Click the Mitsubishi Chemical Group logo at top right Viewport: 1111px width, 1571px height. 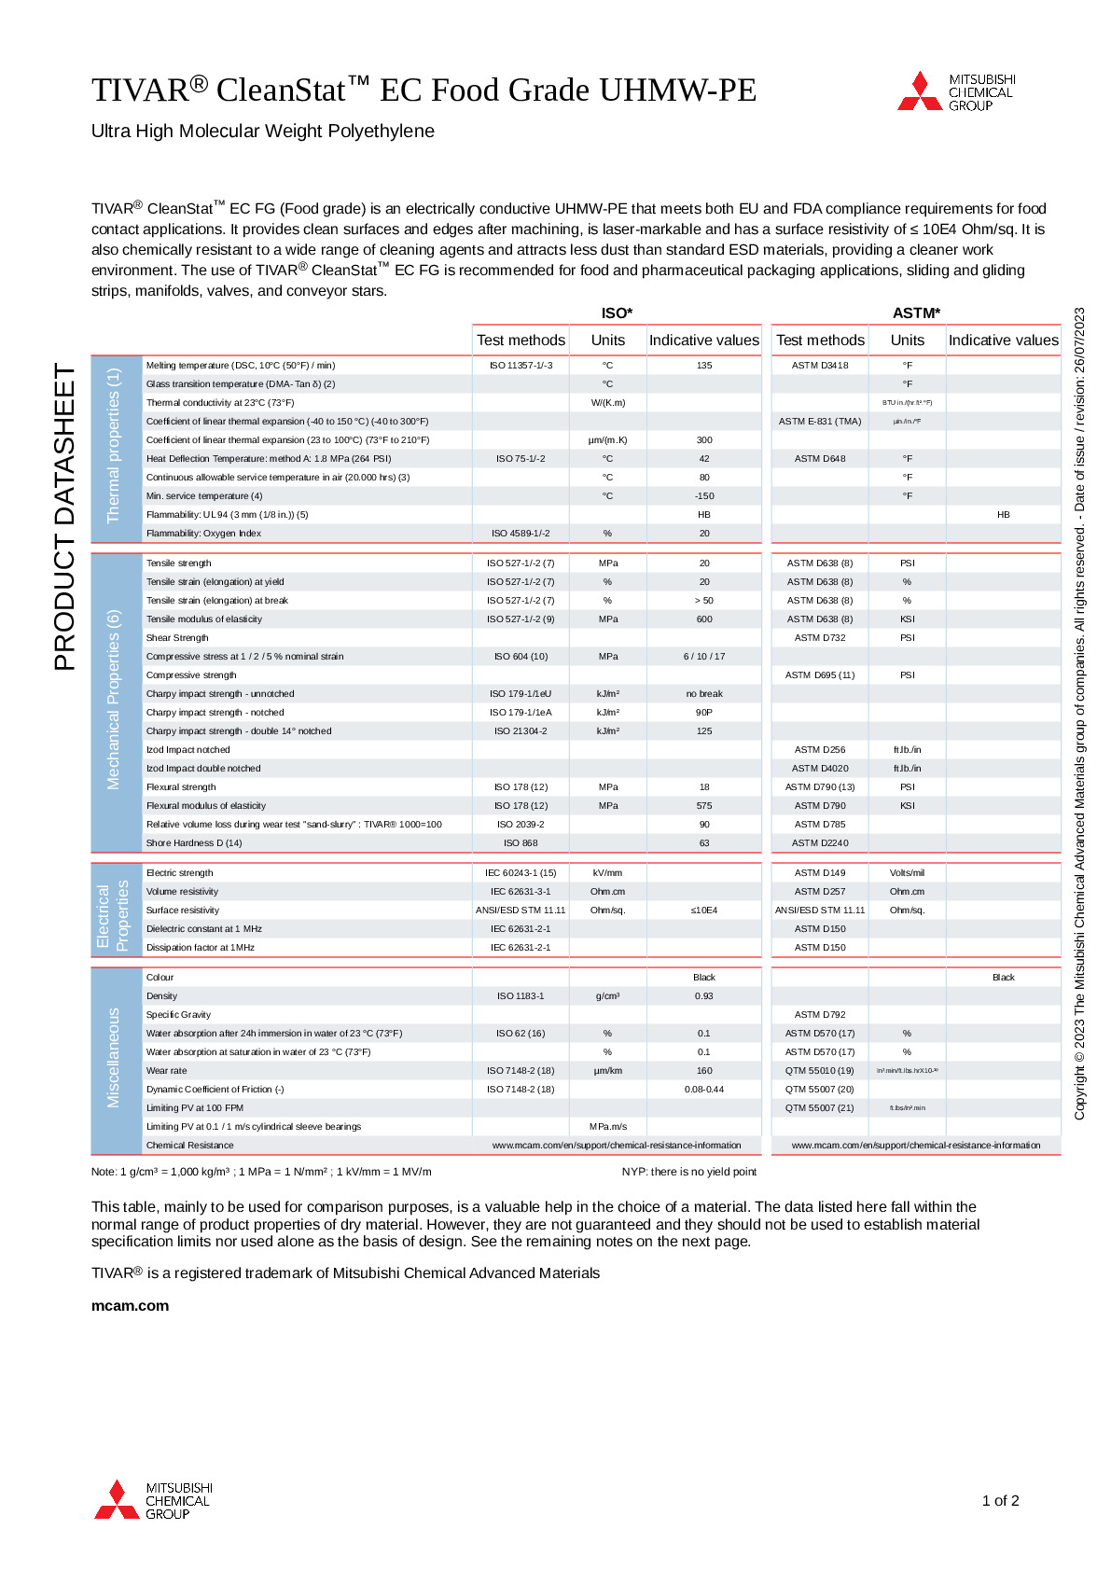click(956, 91)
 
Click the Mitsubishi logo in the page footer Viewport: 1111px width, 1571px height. click(154, 1500)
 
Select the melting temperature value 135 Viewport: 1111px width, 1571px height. click(704, 366)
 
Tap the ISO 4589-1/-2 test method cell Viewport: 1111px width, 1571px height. click(521, 534)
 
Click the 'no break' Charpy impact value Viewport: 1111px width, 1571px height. click(704, 694)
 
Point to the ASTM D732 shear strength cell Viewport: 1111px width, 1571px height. click(820, 638)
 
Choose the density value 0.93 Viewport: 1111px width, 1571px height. click(704, 996)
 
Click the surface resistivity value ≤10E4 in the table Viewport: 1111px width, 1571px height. click(704, 911)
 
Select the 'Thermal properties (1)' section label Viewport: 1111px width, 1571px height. click(115, 446)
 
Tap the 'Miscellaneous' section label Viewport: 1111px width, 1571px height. click(115, 1058)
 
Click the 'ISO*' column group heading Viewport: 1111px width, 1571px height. click(617, 313)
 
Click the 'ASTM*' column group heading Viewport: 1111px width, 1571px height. click(916, 313)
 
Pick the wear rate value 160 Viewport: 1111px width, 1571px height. click(704, 1071)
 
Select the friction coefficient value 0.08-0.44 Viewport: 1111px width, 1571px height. click(704, 1090)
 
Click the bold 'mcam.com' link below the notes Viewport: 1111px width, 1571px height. click(130, 1306)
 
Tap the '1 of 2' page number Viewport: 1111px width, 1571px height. click(1000, 1501)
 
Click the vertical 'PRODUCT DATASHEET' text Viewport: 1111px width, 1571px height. click(64, 517)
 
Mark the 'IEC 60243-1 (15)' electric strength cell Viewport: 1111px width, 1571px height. click(521, 873)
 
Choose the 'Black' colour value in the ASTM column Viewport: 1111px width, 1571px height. click(1003, 978)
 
